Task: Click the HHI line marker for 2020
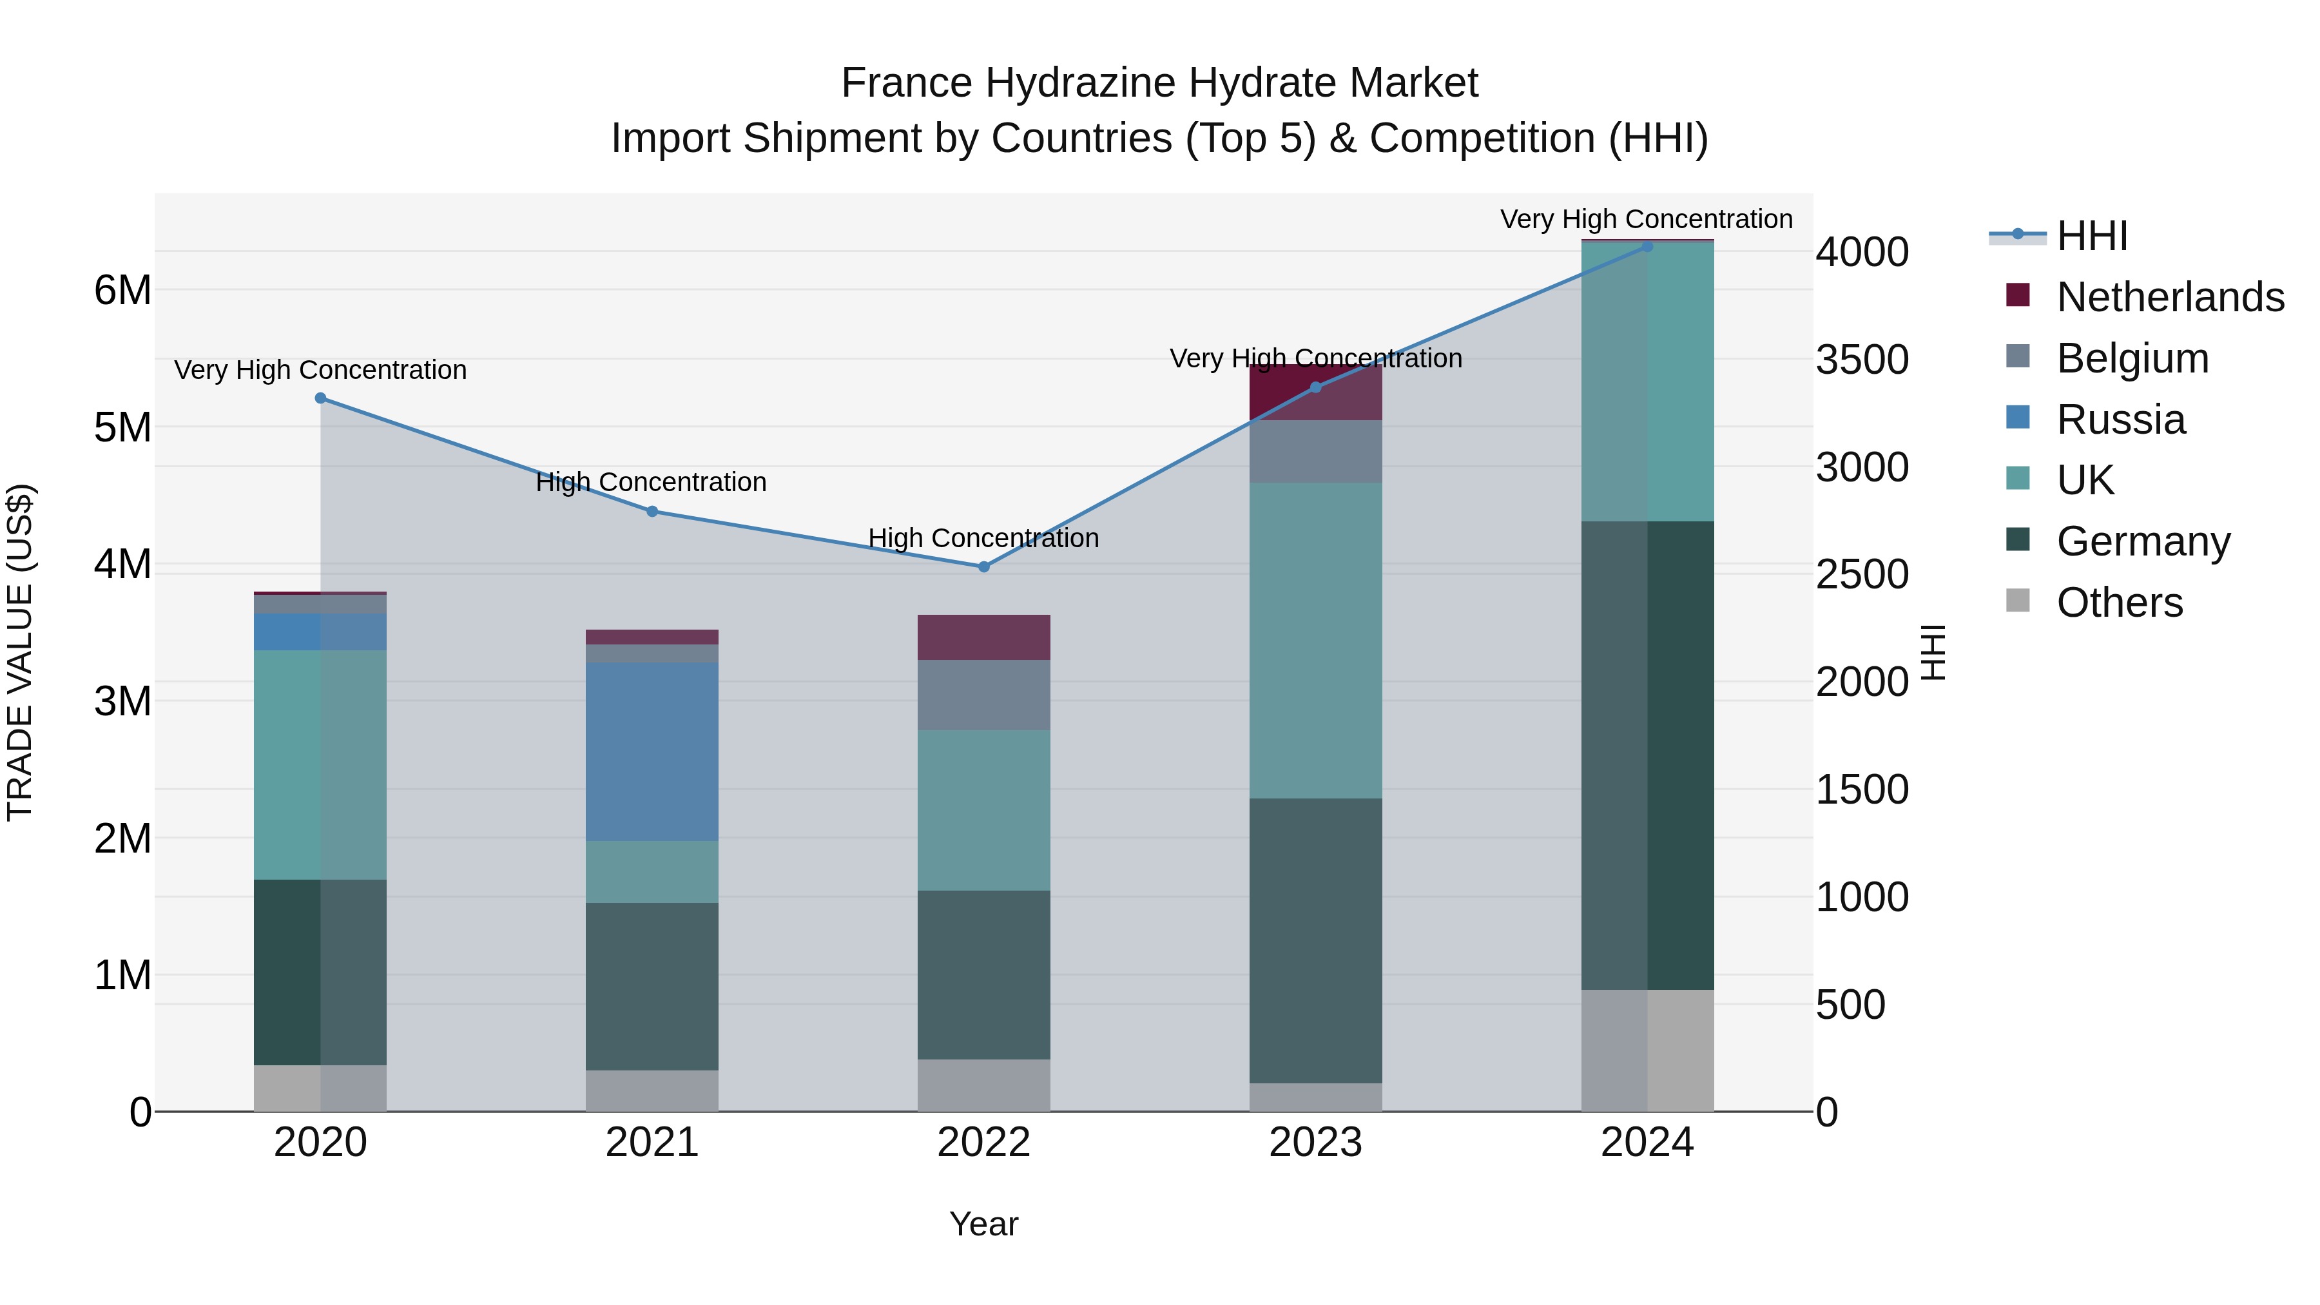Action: point(321,398)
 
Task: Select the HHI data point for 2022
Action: point(983,566)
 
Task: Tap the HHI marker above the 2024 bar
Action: point(1647,246)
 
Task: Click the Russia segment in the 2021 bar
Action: point(652,751)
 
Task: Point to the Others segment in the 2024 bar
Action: point(1647,1050)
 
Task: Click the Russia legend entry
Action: point(2120,420)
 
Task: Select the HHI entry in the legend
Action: point(2091,236)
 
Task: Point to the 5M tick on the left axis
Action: point(123,428)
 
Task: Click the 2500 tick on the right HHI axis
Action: point(1861,575)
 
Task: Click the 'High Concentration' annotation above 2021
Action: point(651,482)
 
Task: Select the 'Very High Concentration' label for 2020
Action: point(321,370)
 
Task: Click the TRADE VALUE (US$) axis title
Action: point(21,652)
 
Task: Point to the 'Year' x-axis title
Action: point(983,1224)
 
